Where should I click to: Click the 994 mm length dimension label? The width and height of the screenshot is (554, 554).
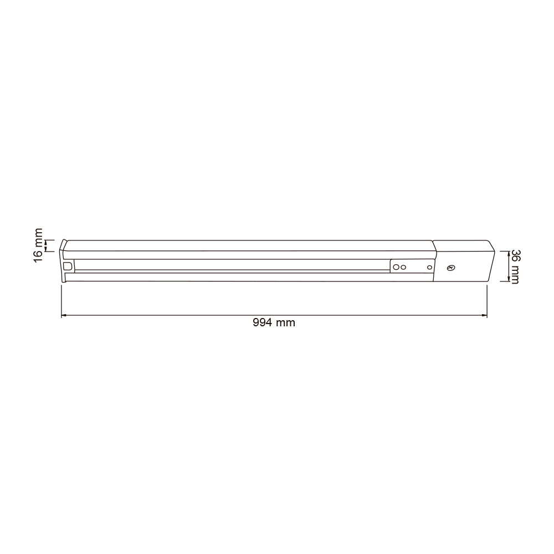point(274,323)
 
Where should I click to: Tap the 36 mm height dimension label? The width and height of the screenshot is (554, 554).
point(514,266)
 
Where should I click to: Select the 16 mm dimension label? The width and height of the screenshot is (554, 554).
point(38,245)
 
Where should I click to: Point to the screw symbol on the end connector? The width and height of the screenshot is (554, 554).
point(450,268)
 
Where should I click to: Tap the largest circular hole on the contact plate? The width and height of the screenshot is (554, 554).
point(397,267)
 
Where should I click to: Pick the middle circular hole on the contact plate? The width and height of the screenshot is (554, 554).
point(404,267)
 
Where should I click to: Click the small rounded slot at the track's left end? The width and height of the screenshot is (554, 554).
point(68,266)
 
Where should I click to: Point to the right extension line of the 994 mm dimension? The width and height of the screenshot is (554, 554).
point(487,299)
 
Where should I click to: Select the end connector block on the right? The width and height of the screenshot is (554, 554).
point(462,260)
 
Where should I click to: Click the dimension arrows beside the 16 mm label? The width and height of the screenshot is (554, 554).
point(47,245)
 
